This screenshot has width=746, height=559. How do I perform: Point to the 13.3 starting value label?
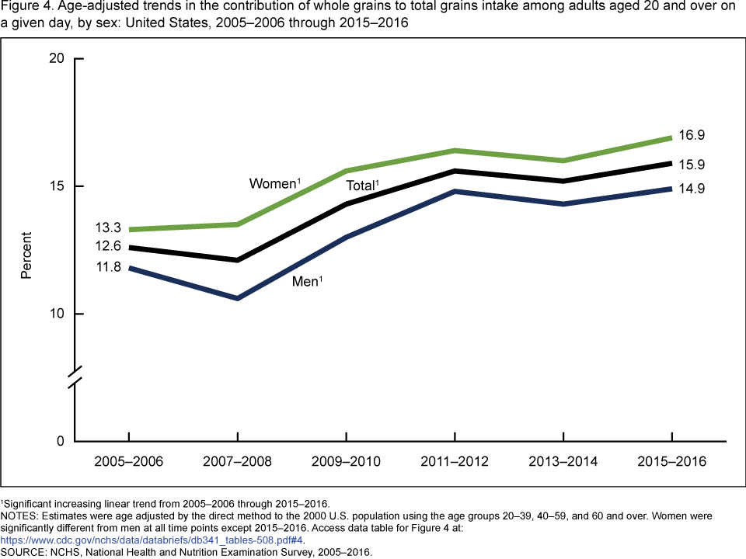[x=106, y=227]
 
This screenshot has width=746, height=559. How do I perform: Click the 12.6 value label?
[x=106, y=246]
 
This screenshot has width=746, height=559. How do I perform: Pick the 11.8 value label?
[x=106, y=267]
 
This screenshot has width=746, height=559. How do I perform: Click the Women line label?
[x=274, y=184]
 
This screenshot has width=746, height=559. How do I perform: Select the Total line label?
[x=361, y=186]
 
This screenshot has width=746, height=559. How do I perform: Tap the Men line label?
[x=306, y=281]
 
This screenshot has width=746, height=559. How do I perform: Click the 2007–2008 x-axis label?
[x=237, y=462]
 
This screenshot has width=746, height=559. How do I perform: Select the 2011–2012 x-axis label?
[x=454, y=462]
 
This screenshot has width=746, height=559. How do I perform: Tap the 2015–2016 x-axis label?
[x=671, y=462]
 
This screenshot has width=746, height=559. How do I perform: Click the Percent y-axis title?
[x=26, y=255]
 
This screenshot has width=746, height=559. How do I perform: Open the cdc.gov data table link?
[x=152, y=540]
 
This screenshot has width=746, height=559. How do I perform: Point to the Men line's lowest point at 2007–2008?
[x=237, y=298]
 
